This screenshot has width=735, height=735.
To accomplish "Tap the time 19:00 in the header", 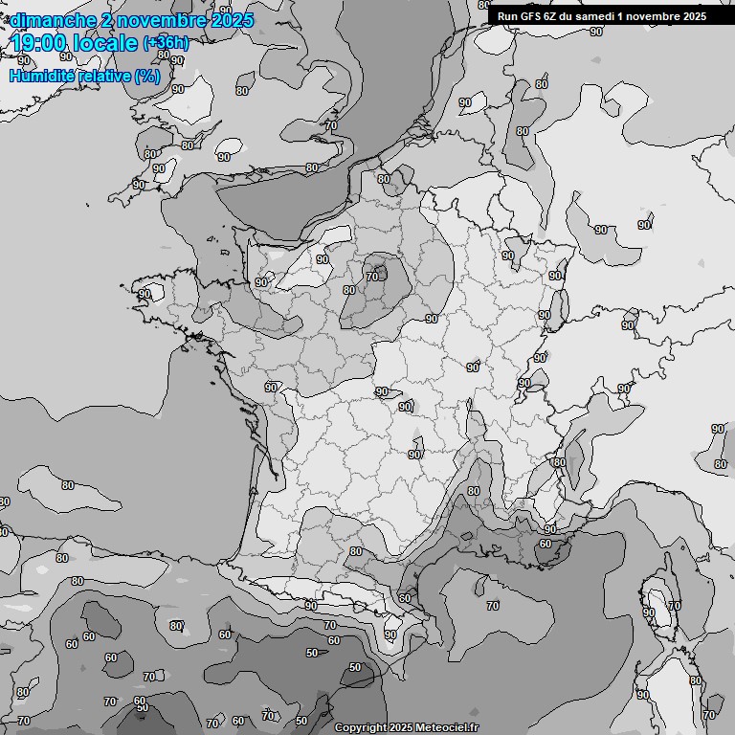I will pyautogui.click(x=39, y=43).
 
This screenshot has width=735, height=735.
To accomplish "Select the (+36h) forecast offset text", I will pyautogui.click(x=167, y=43).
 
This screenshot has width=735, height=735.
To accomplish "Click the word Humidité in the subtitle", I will pyautogui.click(x=40, y=76).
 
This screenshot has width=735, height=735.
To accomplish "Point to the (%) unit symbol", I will pyautogui.click(x=147, y=76).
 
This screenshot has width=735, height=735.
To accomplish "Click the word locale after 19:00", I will pyautogui.click(x=104, y=43).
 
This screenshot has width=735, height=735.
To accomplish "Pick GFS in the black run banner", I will pyautogui.click(x=532, y=16).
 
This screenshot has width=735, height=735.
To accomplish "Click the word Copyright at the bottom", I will pyautogui.click(x=361, y=727).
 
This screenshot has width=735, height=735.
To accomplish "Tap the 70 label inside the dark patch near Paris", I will pyautogui.click(x=372, y=277).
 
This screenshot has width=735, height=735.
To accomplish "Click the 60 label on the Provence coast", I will pyautogui.click(x=545, y=544).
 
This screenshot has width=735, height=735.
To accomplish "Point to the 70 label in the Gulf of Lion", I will pyautogui.click(x=493, y=606).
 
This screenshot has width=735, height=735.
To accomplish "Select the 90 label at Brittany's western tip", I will pyautogui.click(x=145, y=294).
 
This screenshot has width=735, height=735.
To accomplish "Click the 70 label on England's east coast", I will pyautogui.click(x=331, y=125).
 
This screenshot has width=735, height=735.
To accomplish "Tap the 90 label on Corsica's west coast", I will pyautogui.click(x=648, y=612).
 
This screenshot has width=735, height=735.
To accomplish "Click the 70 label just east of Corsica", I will pyautogui.click(x=674, y=606).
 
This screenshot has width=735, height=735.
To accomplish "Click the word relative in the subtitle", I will pyautogui.click(x=102, y=76).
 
